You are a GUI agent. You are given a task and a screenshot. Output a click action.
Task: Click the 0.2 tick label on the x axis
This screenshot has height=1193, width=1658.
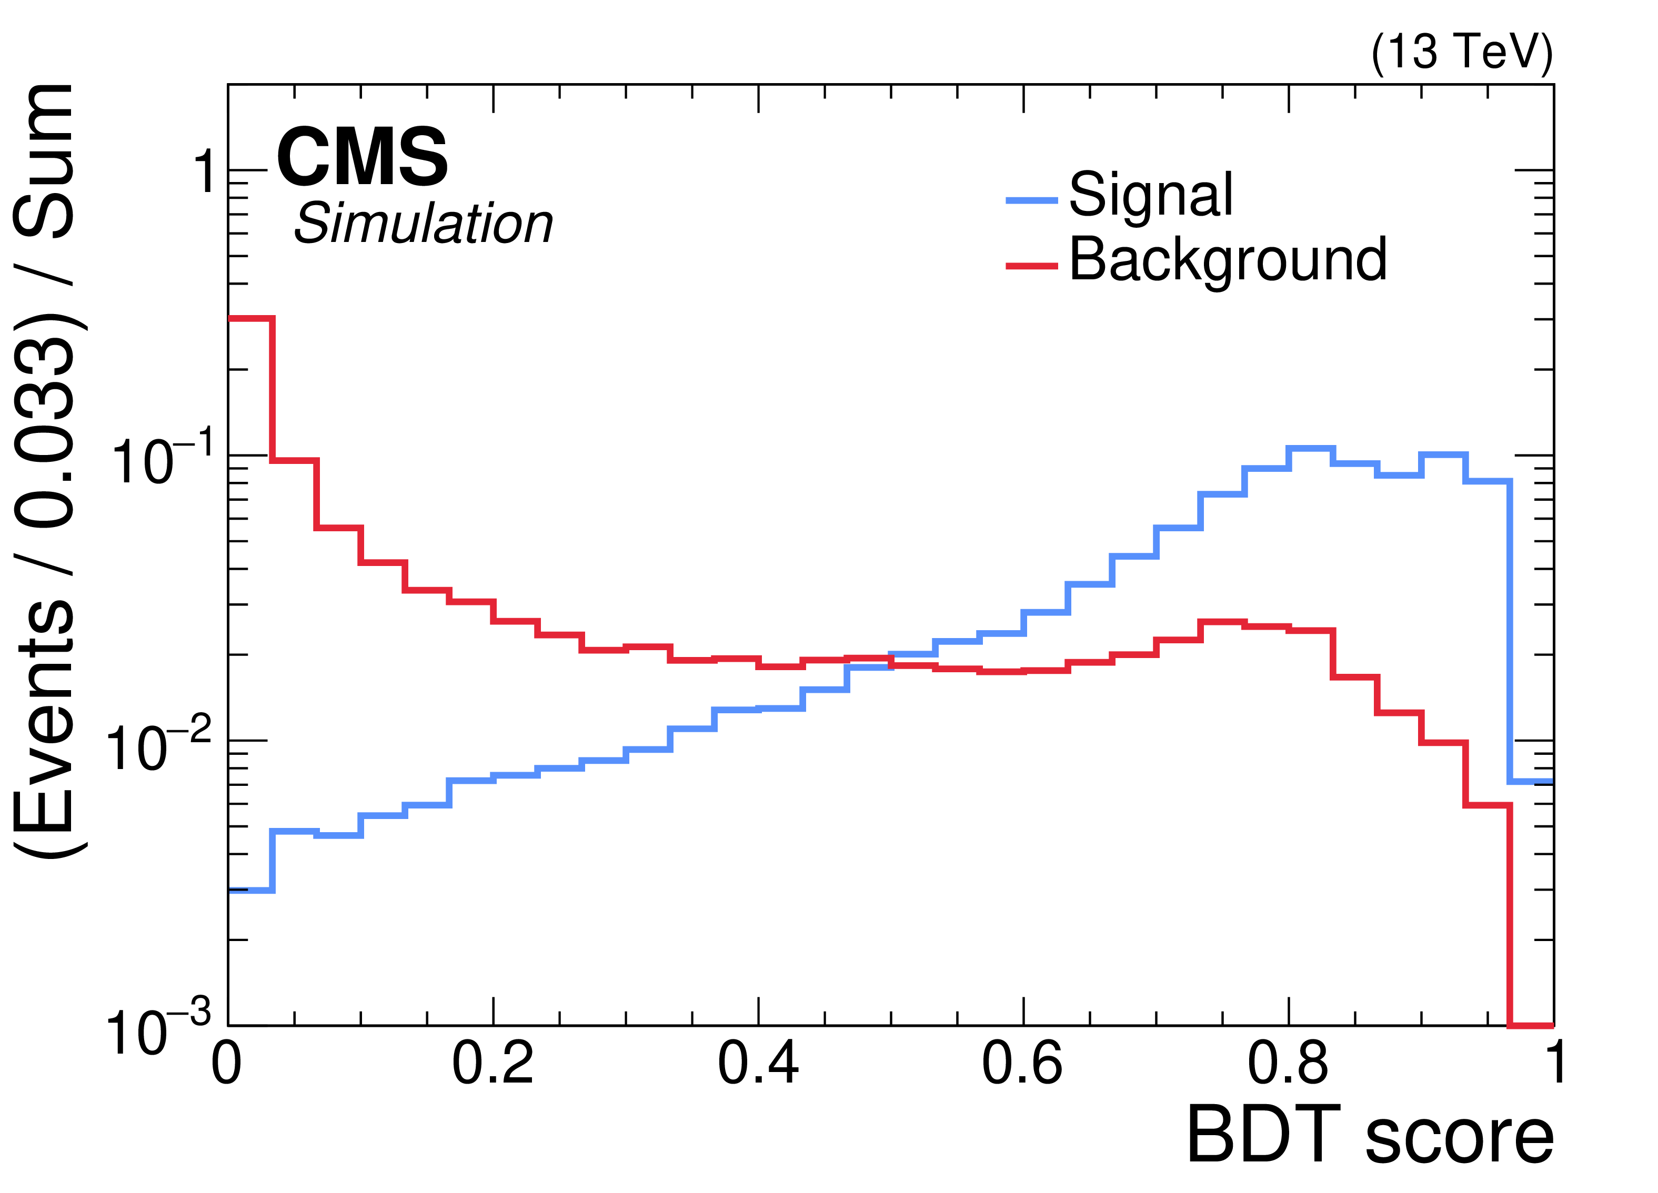pos(493,1064)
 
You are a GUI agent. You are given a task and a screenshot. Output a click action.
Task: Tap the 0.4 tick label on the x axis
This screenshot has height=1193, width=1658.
pos(758,1064)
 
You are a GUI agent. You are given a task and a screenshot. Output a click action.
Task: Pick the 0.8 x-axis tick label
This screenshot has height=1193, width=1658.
pos(1288,1064)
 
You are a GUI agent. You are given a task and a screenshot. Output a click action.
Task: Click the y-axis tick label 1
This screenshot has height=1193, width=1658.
pos(205,173)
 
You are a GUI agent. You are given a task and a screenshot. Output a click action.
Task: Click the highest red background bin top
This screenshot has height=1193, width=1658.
pos(250,319)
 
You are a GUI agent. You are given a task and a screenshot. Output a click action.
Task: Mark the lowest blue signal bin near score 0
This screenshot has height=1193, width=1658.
pos(250,891)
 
